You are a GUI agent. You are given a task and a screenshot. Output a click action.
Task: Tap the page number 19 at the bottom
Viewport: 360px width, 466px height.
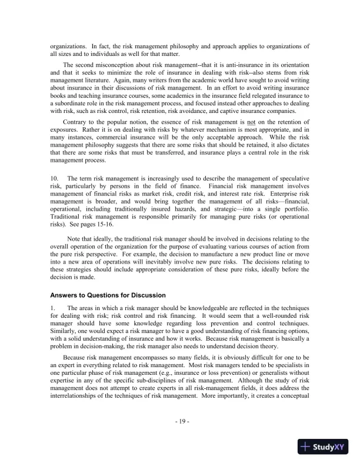(181, 421)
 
